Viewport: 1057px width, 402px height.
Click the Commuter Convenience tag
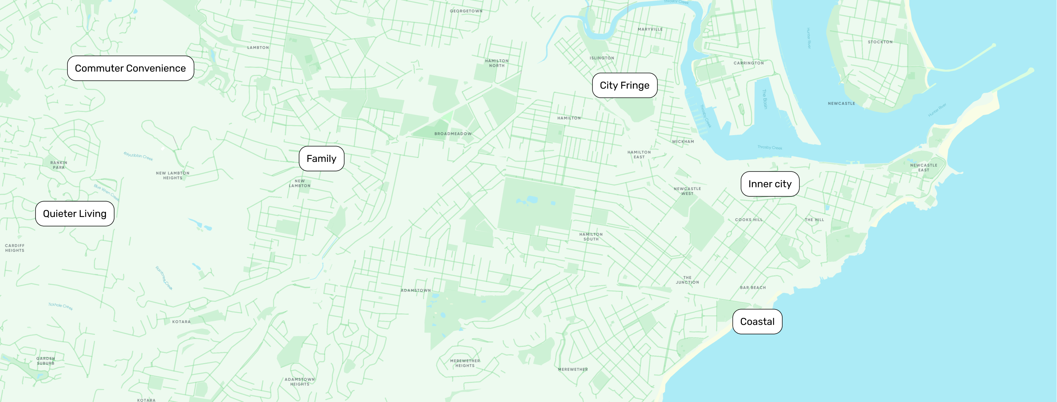tap(131, 68)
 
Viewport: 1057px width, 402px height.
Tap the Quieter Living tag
tap(75, 214)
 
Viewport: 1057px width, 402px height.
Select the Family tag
tap(321, 159)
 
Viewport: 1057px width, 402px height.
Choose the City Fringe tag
tap(624, 86)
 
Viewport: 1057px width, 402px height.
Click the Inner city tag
tap(770, 184)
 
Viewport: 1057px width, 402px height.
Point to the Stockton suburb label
tap(880, 42)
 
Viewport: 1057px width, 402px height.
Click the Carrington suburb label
tap(748, 63)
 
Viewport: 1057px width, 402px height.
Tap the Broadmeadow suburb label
tap(453, 134)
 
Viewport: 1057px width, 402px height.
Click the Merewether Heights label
tap(465, 363)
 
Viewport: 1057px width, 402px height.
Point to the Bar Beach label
tap(752, 287)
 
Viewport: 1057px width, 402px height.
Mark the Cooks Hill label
tap(748, 220)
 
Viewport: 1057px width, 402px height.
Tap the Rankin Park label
tap(59, 165)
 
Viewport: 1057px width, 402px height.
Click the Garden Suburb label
tap(45, 361)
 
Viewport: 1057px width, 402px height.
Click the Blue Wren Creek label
tap(106, 193)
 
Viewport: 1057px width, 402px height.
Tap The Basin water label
tap(765, 99)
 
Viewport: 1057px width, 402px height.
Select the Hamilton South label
tap(591, 236)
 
